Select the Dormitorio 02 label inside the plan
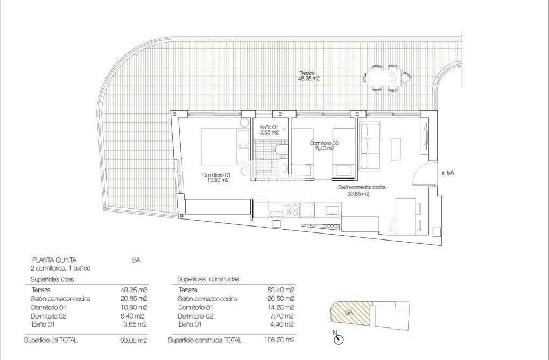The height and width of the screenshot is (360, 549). tap(324, 146)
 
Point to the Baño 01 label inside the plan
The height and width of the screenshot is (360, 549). tap(269, 129)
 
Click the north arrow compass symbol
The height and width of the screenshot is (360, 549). tap(339, 339)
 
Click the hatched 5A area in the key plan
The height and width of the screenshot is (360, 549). tap(349, 313)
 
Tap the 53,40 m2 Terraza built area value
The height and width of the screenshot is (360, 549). tap(281, 290)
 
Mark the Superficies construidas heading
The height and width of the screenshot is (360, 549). tap(208, 279)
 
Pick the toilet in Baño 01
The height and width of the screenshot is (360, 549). tap(280, 150)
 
